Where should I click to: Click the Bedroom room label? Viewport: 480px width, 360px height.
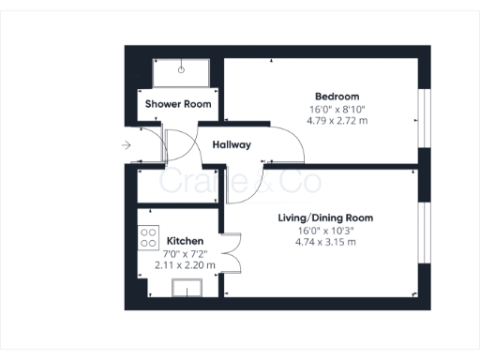[336, 97]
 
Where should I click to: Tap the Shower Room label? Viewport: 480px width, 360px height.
[177, 104]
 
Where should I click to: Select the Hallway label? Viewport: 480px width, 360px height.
[232, 145]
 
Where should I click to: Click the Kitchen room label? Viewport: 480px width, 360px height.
[185, 241]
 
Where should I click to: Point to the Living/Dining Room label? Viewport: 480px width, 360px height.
[325, 217]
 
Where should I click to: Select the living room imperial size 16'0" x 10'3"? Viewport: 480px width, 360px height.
[325, 231]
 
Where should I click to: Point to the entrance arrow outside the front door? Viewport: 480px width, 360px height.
[126, 145]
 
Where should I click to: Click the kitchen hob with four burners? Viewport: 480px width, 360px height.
[148, 238]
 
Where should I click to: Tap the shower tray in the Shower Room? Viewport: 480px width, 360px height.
[181, 72]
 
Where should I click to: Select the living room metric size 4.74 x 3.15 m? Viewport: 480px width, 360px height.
[325, 243]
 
